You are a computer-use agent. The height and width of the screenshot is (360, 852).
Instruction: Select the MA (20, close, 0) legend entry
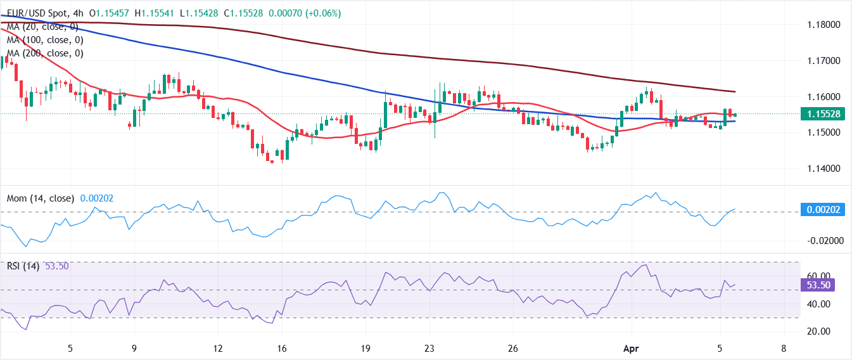tap(42, 26)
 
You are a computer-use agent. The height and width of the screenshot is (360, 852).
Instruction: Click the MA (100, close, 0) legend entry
tap(44, 40)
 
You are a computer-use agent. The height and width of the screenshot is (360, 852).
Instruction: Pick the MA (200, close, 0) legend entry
tap(44, 53)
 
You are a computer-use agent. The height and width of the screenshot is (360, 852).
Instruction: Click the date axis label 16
tap(282, 348)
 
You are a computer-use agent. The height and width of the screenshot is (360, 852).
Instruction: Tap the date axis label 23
tap(429, 348)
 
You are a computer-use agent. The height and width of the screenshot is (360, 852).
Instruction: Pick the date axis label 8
tap(784, 348)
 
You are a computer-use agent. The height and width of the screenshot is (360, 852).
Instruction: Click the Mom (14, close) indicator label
tap(41, 198)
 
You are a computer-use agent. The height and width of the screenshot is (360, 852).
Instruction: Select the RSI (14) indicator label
tap(22, 266)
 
